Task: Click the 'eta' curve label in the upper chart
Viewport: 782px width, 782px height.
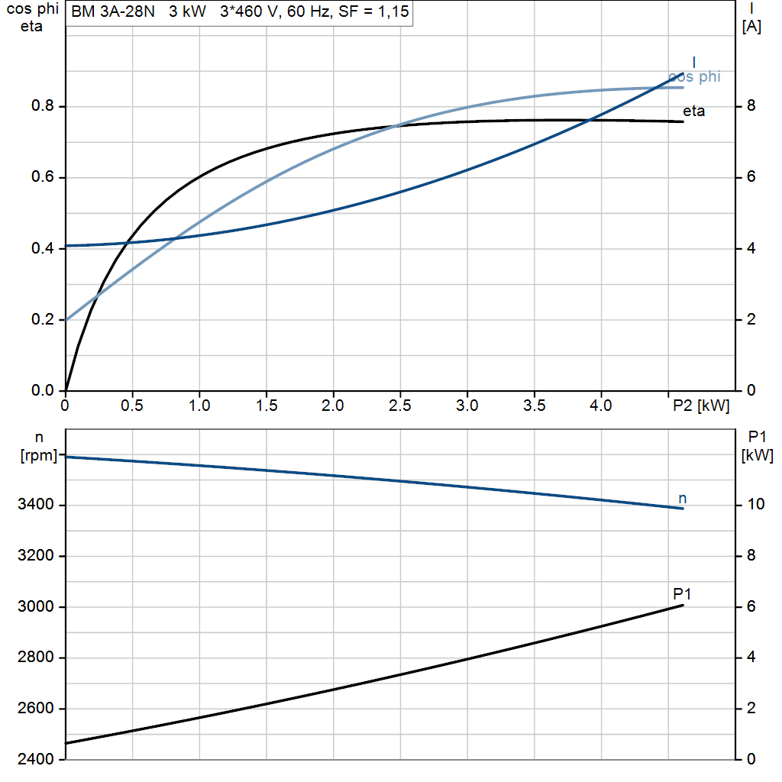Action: point(693,111)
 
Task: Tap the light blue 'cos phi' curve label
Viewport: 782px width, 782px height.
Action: point(695,77)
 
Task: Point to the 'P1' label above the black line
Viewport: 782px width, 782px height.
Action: point(682,593)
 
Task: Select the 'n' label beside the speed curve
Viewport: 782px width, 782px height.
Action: point(683,498)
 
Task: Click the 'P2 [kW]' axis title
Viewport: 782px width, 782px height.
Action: point(701,406)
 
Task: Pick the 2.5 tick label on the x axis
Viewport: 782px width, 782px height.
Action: point(400,406)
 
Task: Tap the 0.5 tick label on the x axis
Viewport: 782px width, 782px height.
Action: point(132,406)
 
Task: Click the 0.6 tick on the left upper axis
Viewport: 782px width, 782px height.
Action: point(43,177)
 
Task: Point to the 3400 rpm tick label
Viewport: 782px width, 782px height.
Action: point(35,504)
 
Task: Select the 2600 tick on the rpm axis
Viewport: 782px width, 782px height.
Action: point(35,708)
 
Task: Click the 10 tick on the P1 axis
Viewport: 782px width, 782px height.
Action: point(755,504)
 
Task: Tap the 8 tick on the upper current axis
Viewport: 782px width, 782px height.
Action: point(751,105)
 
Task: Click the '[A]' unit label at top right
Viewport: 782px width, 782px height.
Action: point(751,27)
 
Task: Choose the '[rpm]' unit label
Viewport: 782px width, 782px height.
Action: point(39,455)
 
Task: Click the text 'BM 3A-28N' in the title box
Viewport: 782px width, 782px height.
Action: point(113,11)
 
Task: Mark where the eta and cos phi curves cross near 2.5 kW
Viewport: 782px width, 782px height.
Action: point(394,126)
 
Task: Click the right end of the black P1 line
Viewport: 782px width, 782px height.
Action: point(683,606)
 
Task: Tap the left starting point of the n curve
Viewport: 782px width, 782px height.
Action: point(66,457)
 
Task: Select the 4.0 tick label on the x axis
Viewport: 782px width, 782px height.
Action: point(601,406)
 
